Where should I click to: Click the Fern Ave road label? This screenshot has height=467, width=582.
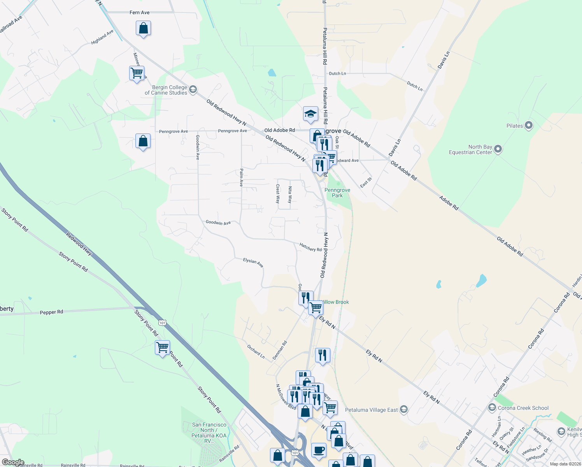139,12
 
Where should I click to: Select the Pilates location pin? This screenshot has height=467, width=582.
528,125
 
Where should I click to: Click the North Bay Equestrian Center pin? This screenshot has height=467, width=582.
498,149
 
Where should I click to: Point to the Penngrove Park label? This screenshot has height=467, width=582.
337,193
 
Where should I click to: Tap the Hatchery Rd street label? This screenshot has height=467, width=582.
310,247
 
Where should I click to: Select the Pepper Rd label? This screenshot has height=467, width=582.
51,312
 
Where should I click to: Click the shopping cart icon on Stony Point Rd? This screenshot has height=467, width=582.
162,346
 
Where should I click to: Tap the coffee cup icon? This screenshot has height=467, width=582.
319,450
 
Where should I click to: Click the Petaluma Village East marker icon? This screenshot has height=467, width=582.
403,409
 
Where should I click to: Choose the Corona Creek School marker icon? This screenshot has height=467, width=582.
492,408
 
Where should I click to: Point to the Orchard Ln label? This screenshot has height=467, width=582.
256,351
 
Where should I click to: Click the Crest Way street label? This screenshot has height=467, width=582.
278,194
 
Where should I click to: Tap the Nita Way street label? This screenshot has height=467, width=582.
290,195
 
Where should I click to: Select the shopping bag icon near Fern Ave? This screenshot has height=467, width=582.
143,28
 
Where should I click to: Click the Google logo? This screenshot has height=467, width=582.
13,462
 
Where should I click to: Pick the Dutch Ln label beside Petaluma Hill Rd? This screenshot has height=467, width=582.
337,74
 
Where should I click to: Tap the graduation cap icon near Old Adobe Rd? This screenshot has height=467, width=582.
310,114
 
